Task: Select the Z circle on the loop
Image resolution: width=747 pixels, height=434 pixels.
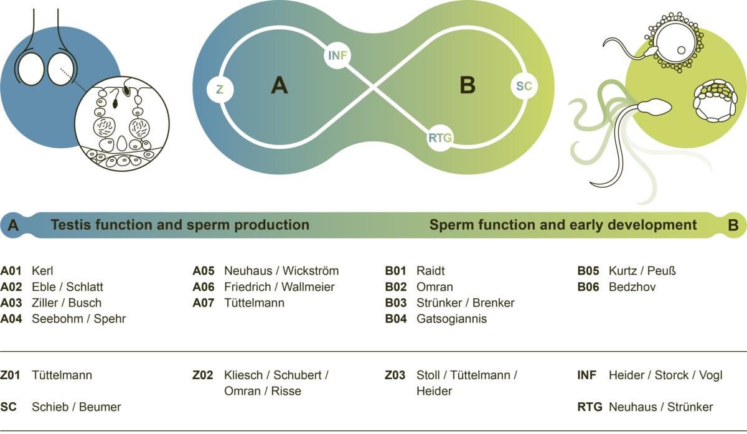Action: tap(220, 89)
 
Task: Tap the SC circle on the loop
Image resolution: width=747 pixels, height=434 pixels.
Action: tap(524, 87)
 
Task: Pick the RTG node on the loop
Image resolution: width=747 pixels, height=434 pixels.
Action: tap(440, 137)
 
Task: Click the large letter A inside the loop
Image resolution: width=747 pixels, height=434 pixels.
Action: tap(280, 85)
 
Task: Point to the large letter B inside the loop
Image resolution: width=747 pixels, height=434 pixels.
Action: tap(467, 85)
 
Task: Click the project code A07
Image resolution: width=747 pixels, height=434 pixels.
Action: tap(204, 303)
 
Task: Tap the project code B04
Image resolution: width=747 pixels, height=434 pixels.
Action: tap(396, 319)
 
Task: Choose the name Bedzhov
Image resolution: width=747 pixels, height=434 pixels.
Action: tap(632, 287)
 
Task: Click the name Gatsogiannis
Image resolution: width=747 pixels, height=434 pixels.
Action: tap(451, 319)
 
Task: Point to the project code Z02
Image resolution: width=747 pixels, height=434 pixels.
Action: tap(204, 375)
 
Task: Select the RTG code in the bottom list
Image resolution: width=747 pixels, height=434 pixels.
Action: tap(590, 407)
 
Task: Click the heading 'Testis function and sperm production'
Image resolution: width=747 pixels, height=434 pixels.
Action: tap(180, 225)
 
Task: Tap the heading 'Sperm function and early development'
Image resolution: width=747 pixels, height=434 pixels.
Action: tap(563, 225)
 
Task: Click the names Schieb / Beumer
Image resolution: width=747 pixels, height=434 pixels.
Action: tap(77, 407)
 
